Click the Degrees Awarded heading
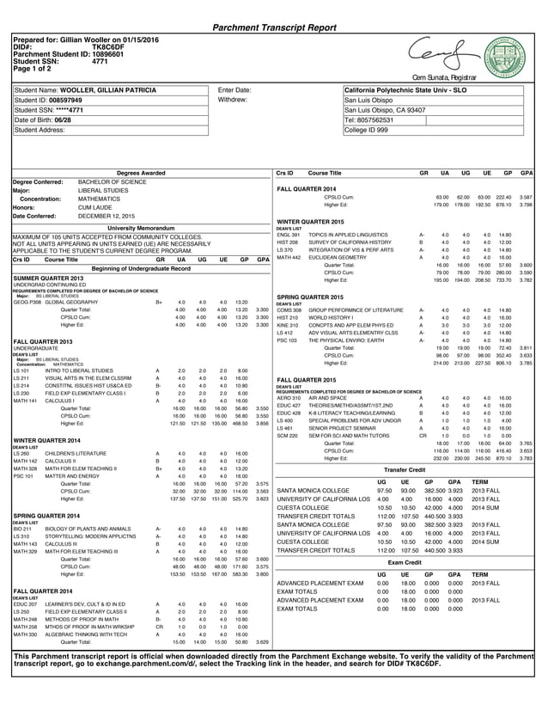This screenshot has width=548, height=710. [141, 174]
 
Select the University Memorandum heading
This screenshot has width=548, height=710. [141, 227]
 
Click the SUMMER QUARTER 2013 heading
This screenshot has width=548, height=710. [48, 278]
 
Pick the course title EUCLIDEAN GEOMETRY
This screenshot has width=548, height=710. [333, 257]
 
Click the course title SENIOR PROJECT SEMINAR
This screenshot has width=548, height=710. [339, 428]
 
